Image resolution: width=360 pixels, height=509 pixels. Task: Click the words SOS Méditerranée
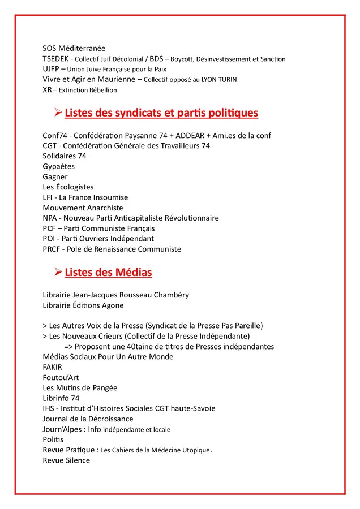click(x=74, y=48)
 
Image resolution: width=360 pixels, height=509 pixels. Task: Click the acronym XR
click(x=47, y=90)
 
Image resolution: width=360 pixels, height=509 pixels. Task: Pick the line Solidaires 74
click(x=65, y=156)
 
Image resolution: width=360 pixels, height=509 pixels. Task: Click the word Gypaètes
click(x=58, y=166)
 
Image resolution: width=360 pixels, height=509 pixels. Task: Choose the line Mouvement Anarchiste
click(x=83, y=208)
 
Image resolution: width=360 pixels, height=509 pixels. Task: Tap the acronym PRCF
click(x=52, y=249)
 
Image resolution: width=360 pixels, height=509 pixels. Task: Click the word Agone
click(x=112, y=305)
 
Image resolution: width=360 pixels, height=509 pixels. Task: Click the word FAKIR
click(x=53, y=367)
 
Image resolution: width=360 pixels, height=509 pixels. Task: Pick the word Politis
click(x=53, y=439)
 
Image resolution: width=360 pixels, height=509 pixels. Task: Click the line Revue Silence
click(x=66, y=460)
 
